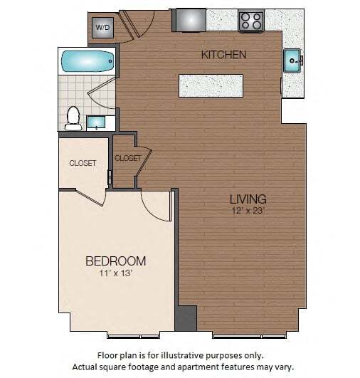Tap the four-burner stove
pos(250,21)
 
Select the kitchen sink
pos(293,61)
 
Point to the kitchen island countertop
pos(211,85)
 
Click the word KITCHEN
pos(223,54)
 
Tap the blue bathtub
pos(87,61)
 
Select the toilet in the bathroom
pos(73,117)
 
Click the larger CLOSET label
pos(83,163)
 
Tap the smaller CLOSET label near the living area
pos(127,158)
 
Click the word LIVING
pos(248,199)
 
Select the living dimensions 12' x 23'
pos(248,211)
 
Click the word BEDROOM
pos(116,261)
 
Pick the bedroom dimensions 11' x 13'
pos(116,273)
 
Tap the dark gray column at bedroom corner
pos(185,317)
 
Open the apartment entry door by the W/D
pos(135,25)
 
